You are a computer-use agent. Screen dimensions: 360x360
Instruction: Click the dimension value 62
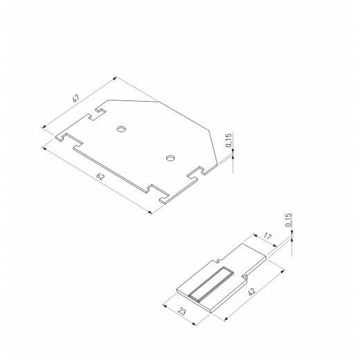point(100,178)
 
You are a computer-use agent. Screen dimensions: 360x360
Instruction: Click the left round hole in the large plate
point(121,128)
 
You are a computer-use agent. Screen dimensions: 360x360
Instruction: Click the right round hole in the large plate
point(170,158)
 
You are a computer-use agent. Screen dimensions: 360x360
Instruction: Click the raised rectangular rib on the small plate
point(207,286)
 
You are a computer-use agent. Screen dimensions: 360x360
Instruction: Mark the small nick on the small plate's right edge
point(244,277)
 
